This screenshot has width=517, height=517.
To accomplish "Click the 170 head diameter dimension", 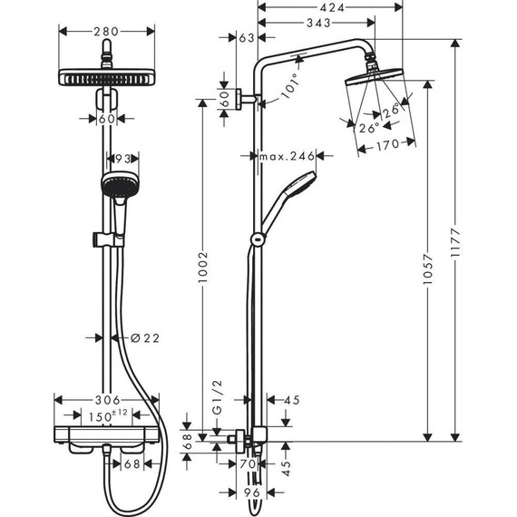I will coord(387,142).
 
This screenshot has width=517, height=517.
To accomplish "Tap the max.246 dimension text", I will coord(287,157).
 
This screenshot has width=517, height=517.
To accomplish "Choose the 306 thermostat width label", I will coord(108,400).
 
